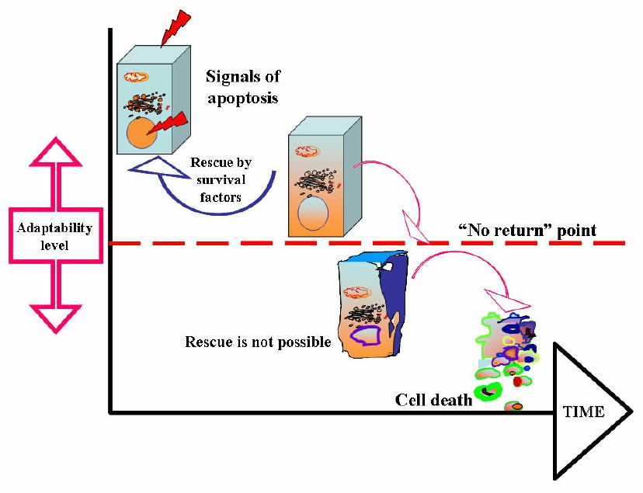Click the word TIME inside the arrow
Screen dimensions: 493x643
pyautogui.click(x=582, y=412)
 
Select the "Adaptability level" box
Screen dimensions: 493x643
pyautogui.click(x=55, y=235)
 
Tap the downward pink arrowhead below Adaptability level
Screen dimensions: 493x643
pyautogui.click(x=55, y=314)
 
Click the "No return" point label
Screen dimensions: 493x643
pyautogui.click(x=527, y=231)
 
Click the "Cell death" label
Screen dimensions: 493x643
pyautogui.click(x=433, y=400)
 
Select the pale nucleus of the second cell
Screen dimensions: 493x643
pyautogui.click(x=312, y=212)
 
